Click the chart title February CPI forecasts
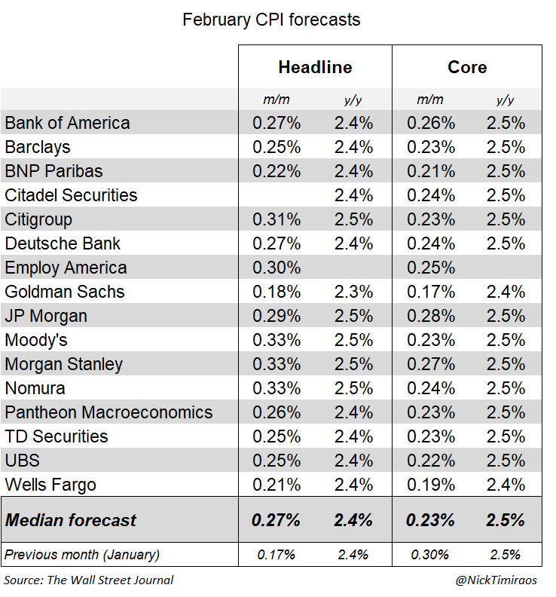click(x=271, y=20)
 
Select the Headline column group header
click(x=315, y=67)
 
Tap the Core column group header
click(x=467, y=67)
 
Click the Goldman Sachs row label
click(x=65, y=292)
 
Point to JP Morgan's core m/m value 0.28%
click(x=432, y=316)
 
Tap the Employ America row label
click(x=66, y=268)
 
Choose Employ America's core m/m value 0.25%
click(x=432, y=268)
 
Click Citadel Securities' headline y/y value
click(x=353, y=195)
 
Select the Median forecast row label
click(x=71, y=519)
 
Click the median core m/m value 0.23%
click(x=432, y=519)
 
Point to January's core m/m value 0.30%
click(x=432, y=555)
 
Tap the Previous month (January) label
click(x=82, y=555)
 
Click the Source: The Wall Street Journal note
click(x=89, y=580)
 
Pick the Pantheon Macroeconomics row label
click(x=108, y=412)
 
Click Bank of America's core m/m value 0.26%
click(x=432, y=123)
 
